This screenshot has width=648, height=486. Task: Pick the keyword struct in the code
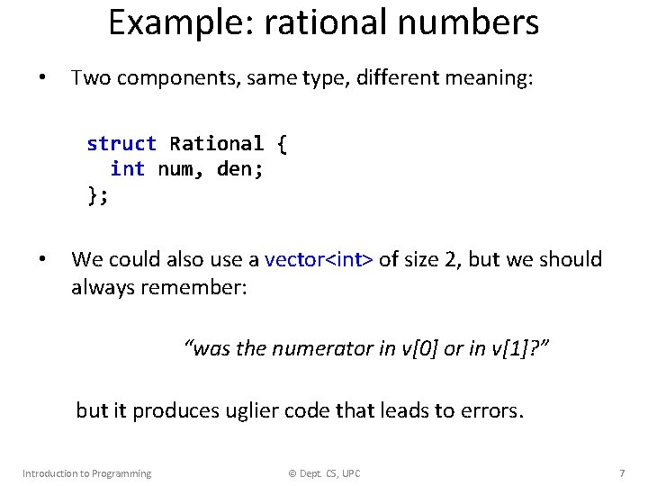click(121, 144)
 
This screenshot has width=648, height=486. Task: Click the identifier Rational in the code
click(216, 144)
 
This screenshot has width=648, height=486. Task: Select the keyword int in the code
click(127, 168)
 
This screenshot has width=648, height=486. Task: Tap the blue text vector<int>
click(319, 260)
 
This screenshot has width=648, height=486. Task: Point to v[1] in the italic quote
click(510, 349)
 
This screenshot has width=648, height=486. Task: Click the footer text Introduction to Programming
click(86, 473)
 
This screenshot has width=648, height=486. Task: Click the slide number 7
click(622, 473)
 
